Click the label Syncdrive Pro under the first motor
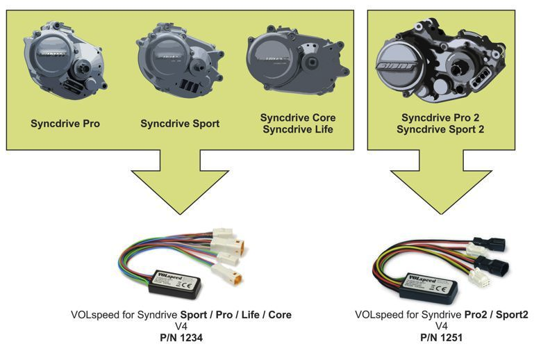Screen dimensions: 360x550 coord(65,124)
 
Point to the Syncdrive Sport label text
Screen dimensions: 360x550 coord(180,124)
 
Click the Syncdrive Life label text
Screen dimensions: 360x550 coord(297,130)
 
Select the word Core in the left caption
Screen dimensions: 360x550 coord(278,315)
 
